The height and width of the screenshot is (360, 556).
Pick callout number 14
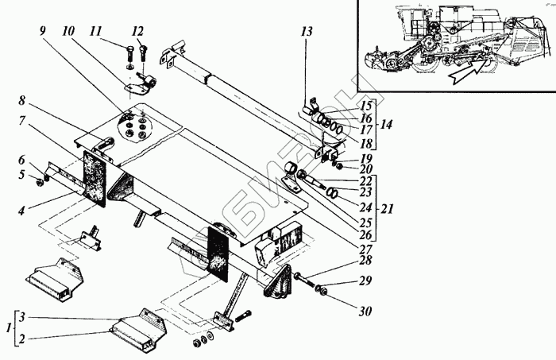click(387, 125)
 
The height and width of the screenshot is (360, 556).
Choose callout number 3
click(25, 315)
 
